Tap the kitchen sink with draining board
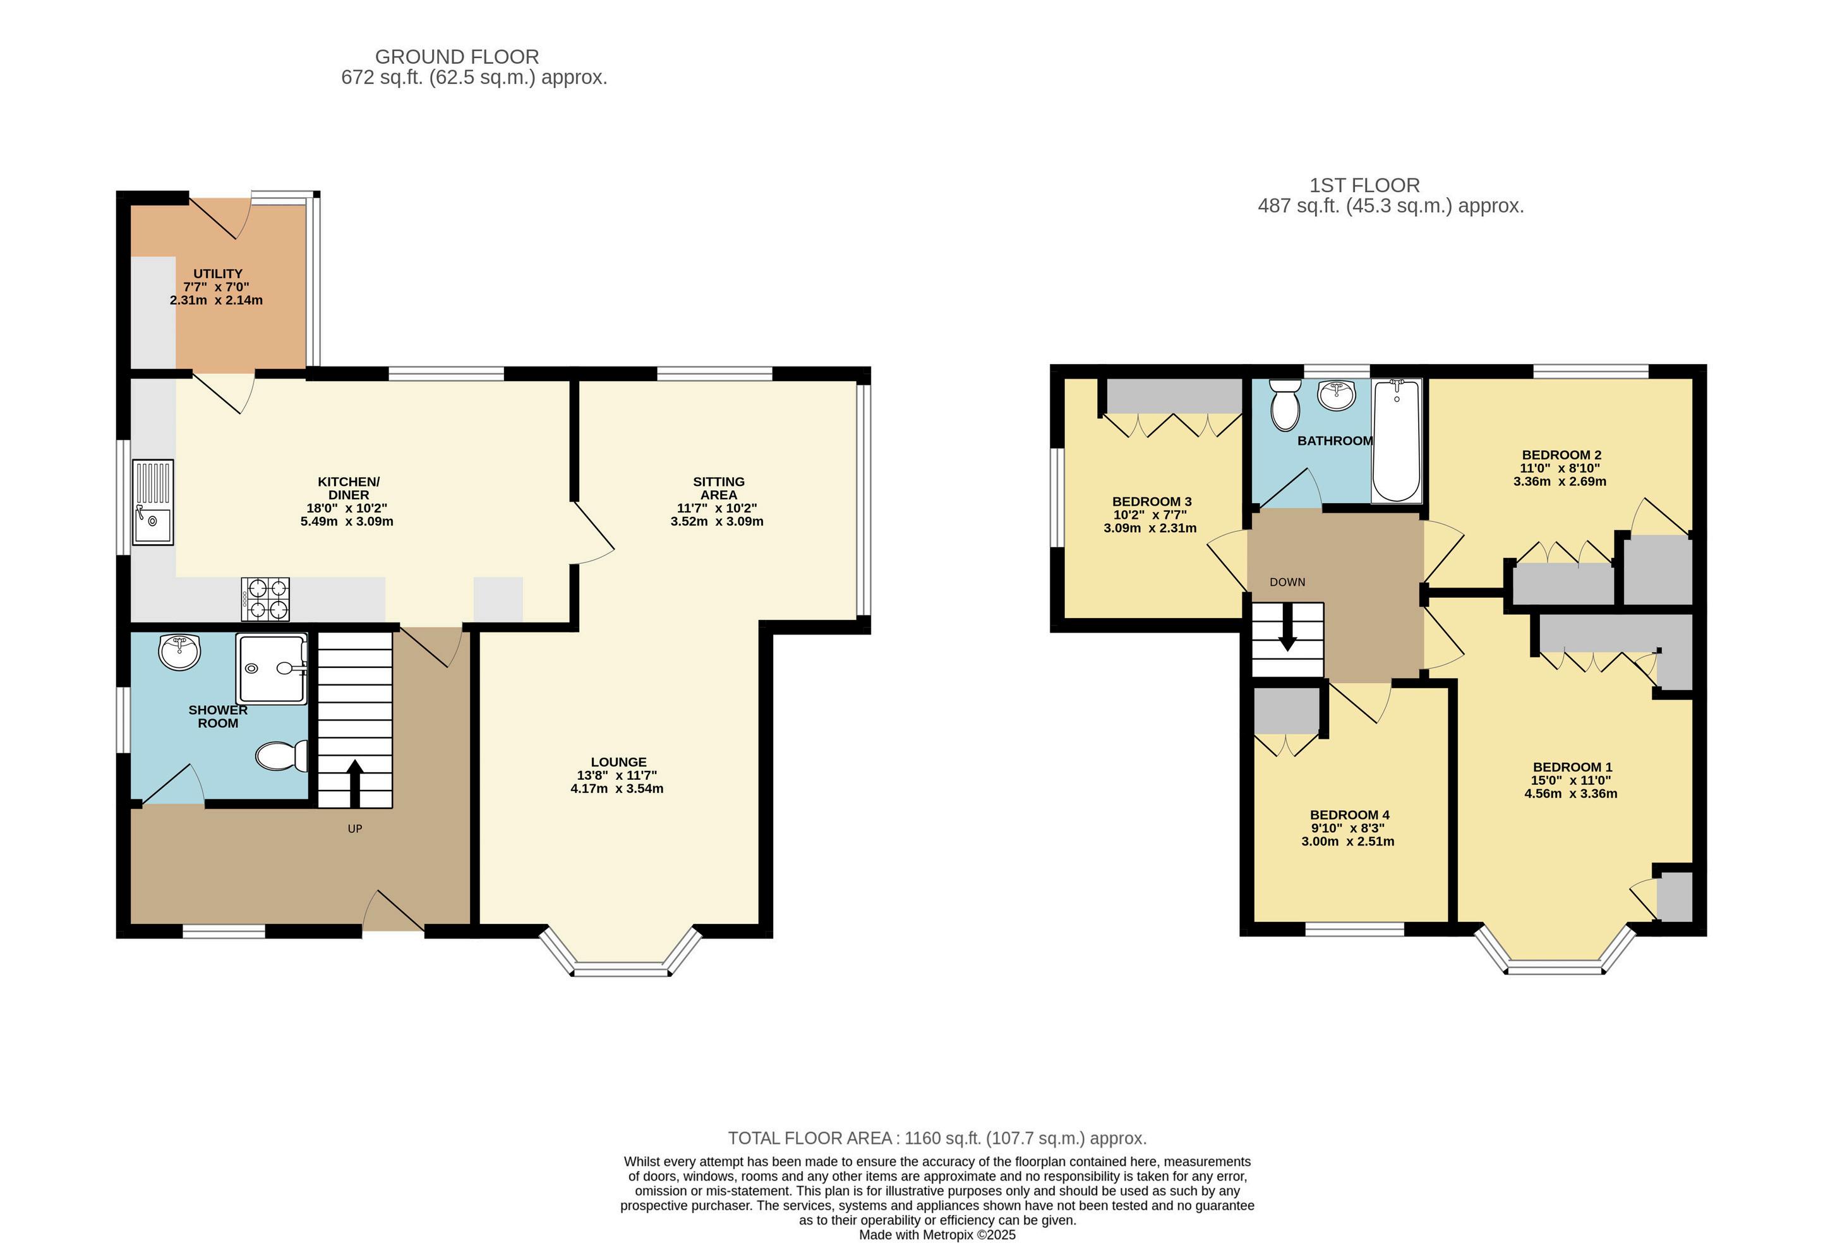click(x=153, y=502)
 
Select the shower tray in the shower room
click(x=272, y=669)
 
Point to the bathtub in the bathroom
click(x=1396, y=440)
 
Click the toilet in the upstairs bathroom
click(x=1284, y=405)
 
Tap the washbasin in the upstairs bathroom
click(x=1337, y=395)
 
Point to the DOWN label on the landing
click(x=1287, y=582)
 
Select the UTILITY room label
click(x=218, y=274)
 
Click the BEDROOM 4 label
click(x=1349, y=815)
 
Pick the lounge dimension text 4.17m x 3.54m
click(x=617, y=789)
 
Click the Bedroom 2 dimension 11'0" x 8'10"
click(x=1561, y=468)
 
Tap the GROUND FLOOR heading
click(x=457, y=58)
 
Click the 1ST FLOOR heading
click(x=1364, y=185)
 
